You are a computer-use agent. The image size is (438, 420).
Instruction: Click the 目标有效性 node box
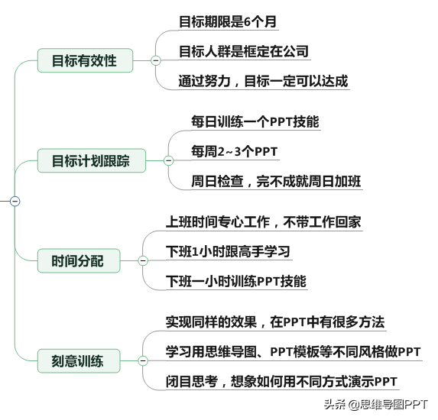click(x=85, y=60)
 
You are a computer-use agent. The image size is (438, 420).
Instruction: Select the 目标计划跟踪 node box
click(x=92, y=160)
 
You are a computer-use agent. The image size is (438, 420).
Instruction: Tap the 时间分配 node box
click(x=79, y=260)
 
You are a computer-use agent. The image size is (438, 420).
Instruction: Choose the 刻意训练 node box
click(x=79, y=361)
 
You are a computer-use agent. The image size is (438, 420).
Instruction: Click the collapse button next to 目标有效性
click(x=156, y=60)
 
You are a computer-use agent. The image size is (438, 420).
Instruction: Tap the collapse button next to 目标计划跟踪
click(x=168, y=160)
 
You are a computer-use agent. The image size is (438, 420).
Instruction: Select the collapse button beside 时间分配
click(x=143, y=260)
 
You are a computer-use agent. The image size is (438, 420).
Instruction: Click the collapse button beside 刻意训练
click(x=143, y=361)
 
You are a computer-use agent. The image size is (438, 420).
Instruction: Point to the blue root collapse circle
click(x=15, y=201)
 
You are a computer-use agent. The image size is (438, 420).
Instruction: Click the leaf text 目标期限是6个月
click(x=228, y=22)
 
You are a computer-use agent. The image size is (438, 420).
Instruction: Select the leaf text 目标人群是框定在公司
click(x=244, y=52)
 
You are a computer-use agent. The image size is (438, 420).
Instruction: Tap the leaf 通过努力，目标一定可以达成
click(x=264, y=81)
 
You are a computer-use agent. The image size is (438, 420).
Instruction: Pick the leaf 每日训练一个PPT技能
click(x=255, y=121)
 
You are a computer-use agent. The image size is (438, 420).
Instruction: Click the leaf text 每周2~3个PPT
click(x=235, y=151)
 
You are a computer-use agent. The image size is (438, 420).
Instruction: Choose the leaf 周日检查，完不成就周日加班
click(x=276, y=182)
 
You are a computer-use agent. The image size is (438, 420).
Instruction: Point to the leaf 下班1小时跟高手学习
click(x=228, y=252)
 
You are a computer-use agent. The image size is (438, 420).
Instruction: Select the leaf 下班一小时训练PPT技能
click(x=236, y=281)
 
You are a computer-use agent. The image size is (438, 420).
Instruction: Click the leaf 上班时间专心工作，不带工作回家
click(x=264, y=222)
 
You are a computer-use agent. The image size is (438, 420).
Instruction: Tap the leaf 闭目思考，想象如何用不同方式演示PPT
click(x=281, y=382)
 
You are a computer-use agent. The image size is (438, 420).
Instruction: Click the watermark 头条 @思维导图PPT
click(x=376, y=405)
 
